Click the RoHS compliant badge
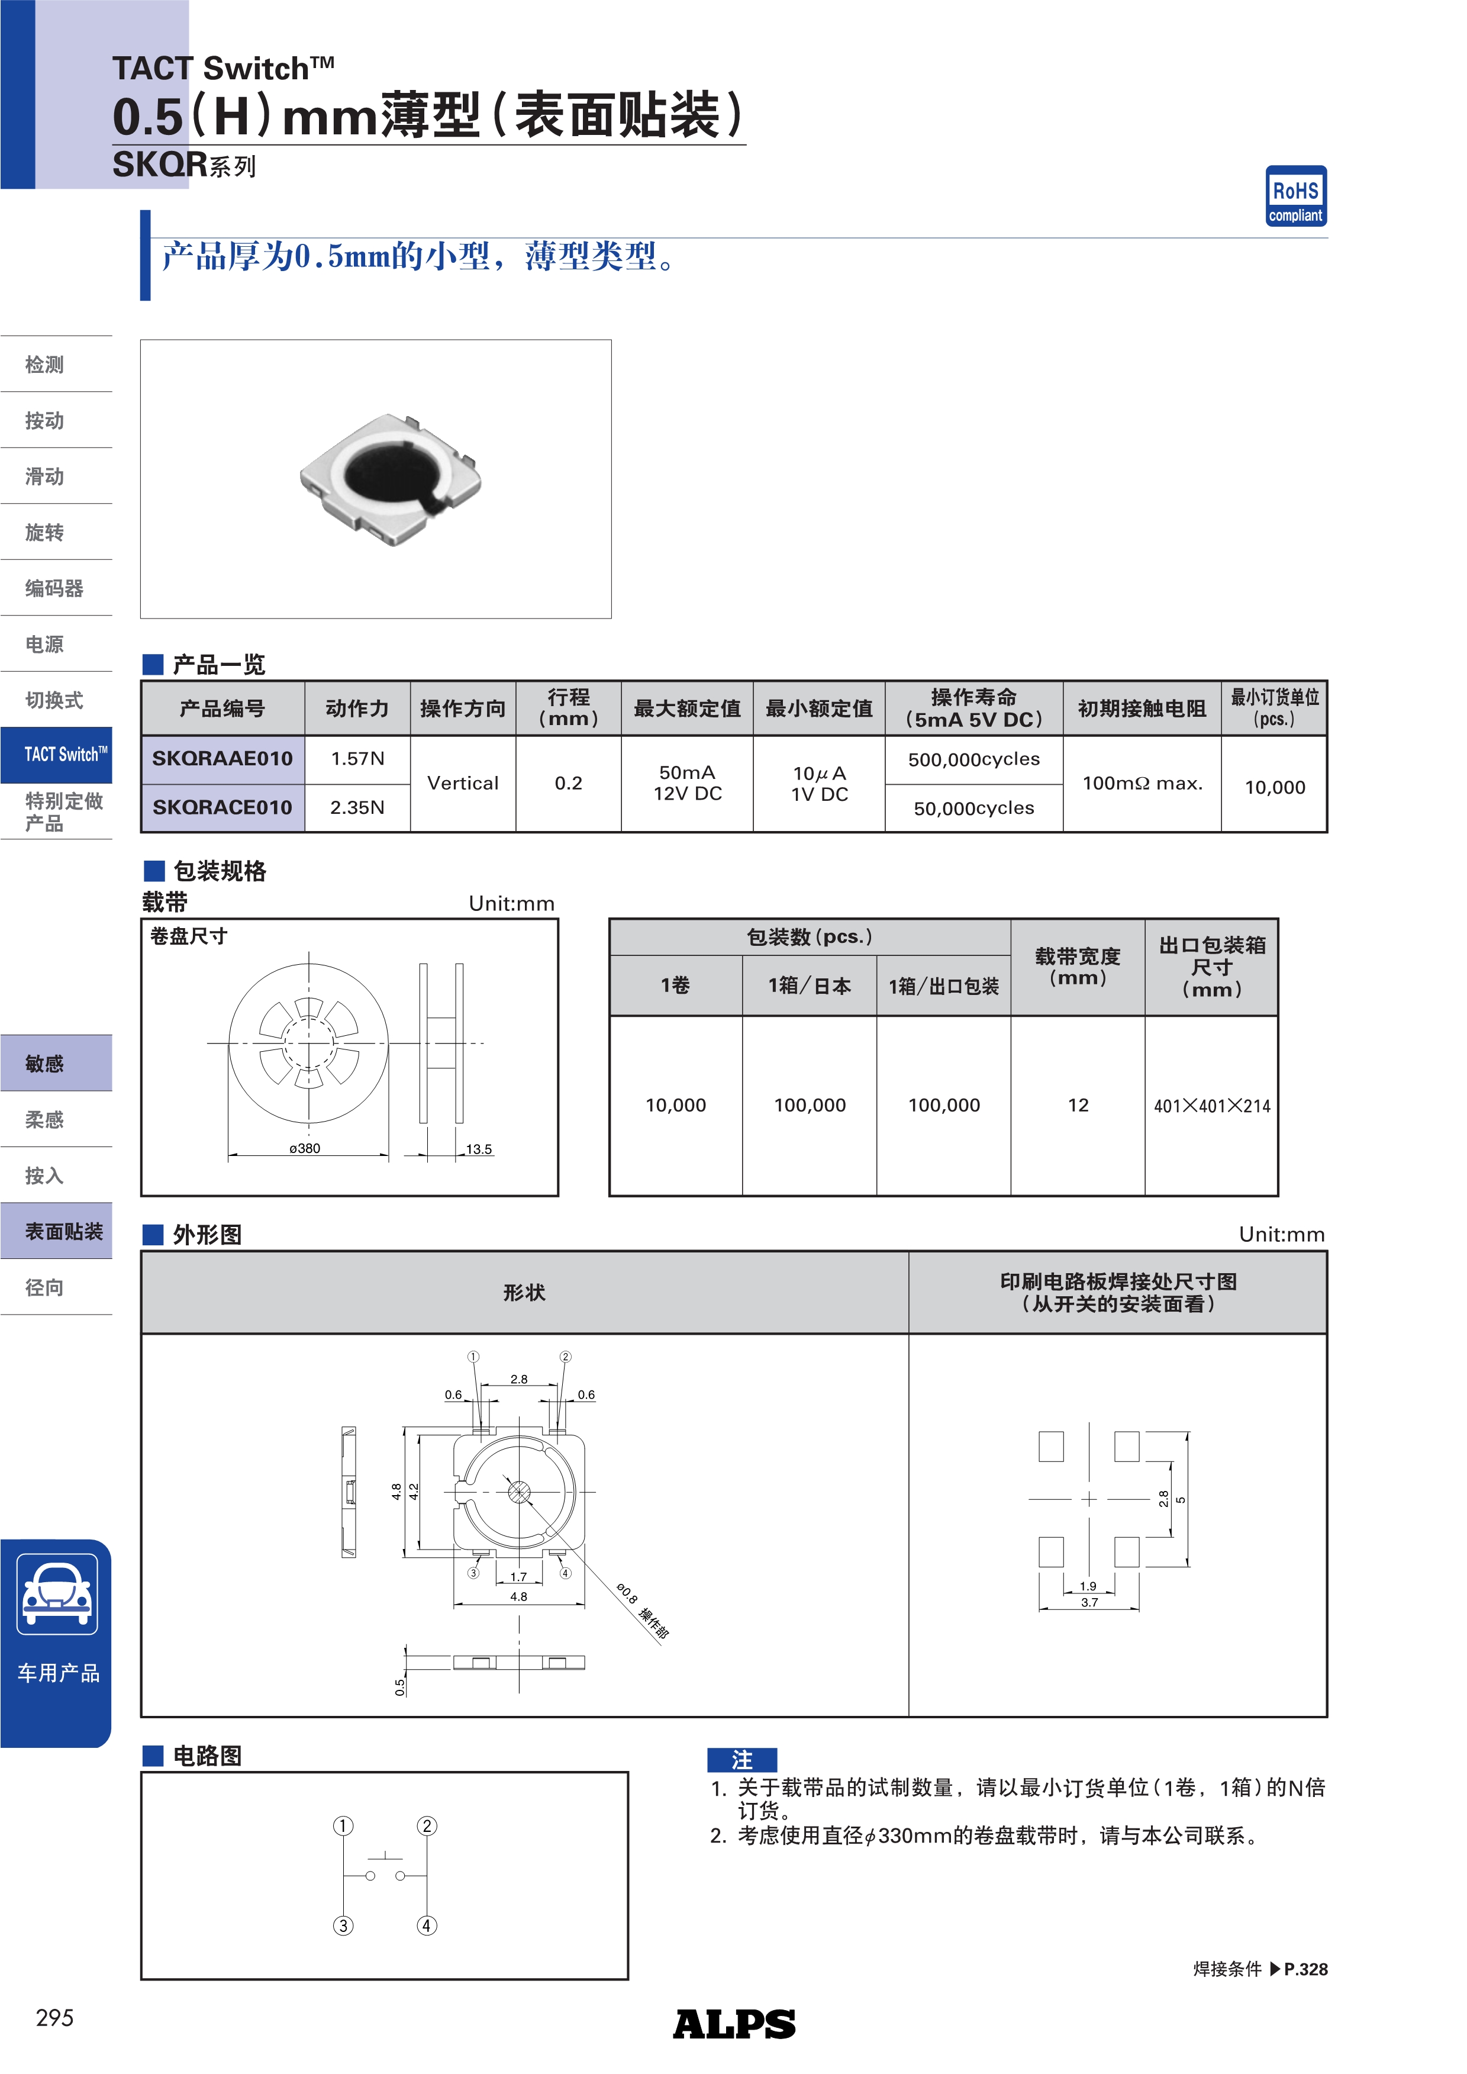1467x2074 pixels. click(1295, 196)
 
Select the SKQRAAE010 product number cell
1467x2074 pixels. click(223, 759)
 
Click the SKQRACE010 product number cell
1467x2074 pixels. click(223, 807)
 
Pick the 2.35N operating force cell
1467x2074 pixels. click(357, 807)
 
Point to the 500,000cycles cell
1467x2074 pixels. click(974, 759)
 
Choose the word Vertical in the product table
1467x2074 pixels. click(463, 783)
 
